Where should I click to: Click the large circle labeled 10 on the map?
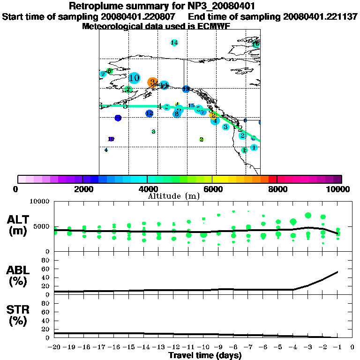point(134,78)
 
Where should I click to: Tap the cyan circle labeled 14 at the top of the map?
point(174,43)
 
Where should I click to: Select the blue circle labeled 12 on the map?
point(150,113)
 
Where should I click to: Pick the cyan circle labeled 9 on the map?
point(103,74)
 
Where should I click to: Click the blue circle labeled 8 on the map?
point(176,113)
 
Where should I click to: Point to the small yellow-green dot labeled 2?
point(202,139)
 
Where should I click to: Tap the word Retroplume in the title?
point(94,6)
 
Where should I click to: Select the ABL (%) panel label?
point(18,276)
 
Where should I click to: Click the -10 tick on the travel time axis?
point(203,347)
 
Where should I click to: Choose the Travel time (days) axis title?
point(205,355)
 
